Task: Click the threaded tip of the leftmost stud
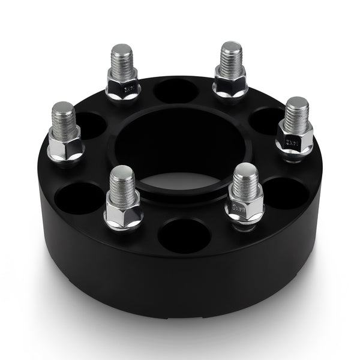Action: click(x=63, y=118)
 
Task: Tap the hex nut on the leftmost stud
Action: click(x=65, y=146)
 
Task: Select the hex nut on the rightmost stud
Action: click(x=295, y=140)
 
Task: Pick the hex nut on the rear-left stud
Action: click(x=123, y=86)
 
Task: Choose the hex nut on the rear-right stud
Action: click(x=230, y=85)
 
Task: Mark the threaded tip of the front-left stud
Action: click(x=121, y=182)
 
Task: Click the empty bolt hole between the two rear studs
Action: click(x=176, y=90)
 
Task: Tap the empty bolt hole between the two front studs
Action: click(x=184, y=235)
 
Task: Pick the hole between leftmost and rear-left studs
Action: click(x=88, y=125)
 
